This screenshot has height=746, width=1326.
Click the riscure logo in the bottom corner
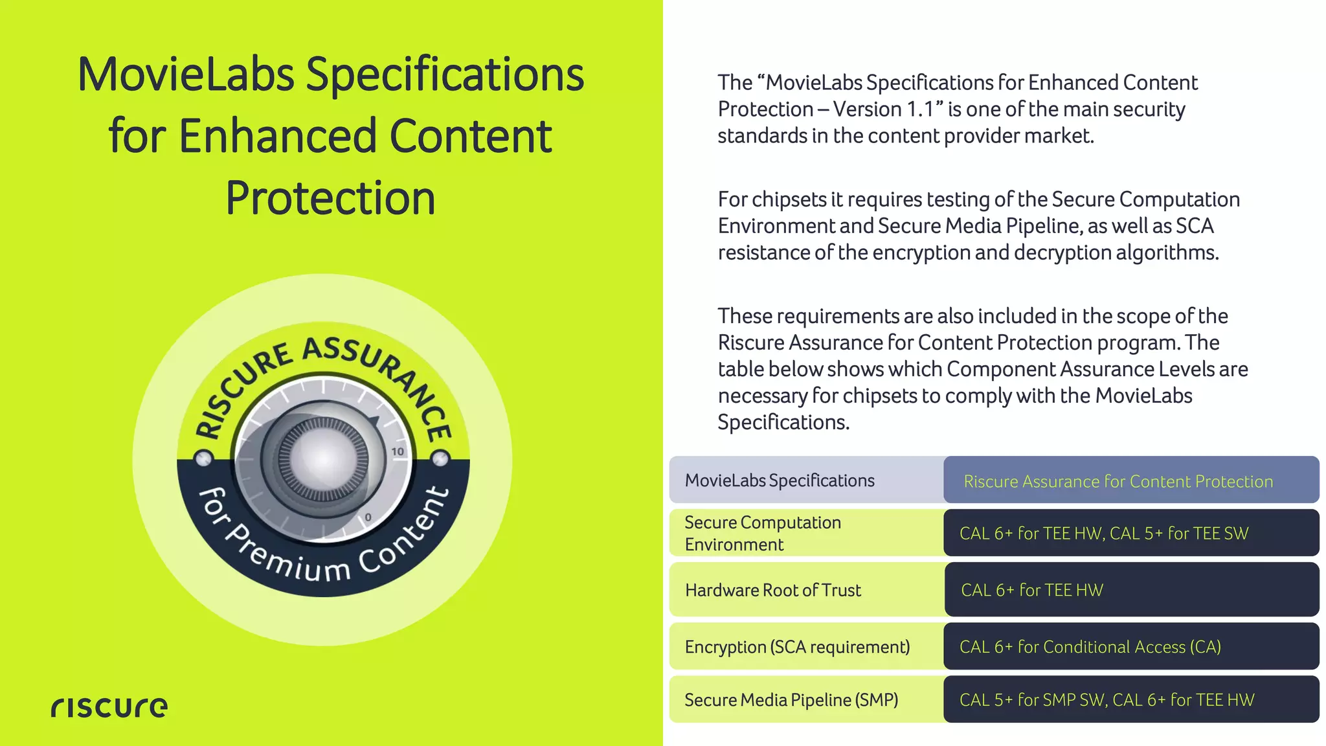(109, 707)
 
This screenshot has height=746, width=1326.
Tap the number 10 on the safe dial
(398, 451)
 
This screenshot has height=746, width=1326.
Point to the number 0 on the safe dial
(368, 517)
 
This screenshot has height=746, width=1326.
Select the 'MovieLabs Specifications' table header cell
(780, 480)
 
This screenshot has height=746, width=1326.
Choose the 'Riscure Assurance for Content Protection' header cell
(1118, 481)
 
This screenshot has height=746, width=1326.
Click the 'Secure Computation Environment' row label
(763, 533)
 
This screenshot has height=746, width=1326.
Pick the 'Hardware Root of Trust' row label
(773, 590)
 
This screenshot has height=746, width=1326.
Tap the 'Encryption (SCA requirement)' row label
(797, 647)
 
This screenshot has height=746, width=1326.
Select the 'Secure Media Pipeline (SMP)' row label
(791, 700)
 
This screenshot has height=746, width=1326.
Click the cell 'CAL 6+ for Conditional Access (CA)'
(1090, 647)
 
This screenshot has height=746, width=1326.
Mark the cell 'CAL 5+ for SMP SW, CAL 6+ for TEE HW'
(1107, 700)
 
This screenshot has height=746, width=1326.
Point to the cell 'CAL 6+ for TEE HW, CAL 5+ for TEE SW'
(1104, 533)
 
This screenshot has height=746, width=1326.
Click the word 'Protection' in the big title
(330, 198)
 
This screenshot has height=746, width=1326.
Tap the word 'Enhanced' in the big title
(277, 137)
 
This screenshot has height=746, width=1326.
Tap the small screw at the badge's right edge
(440, 459)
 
